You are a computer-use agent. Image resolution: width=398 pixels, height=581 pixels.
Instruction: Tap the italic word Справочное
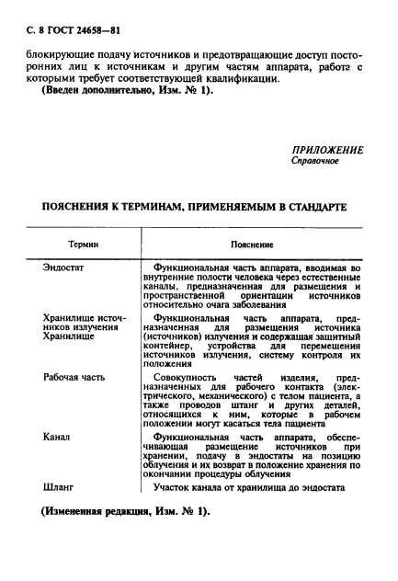pos(314,162)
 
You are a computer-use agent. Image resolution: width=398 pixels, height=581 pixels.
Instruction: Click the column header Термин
pos(84,245)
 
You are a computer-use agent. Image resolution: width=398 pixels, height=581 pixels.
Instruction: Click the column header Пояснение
pos(253,245)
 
